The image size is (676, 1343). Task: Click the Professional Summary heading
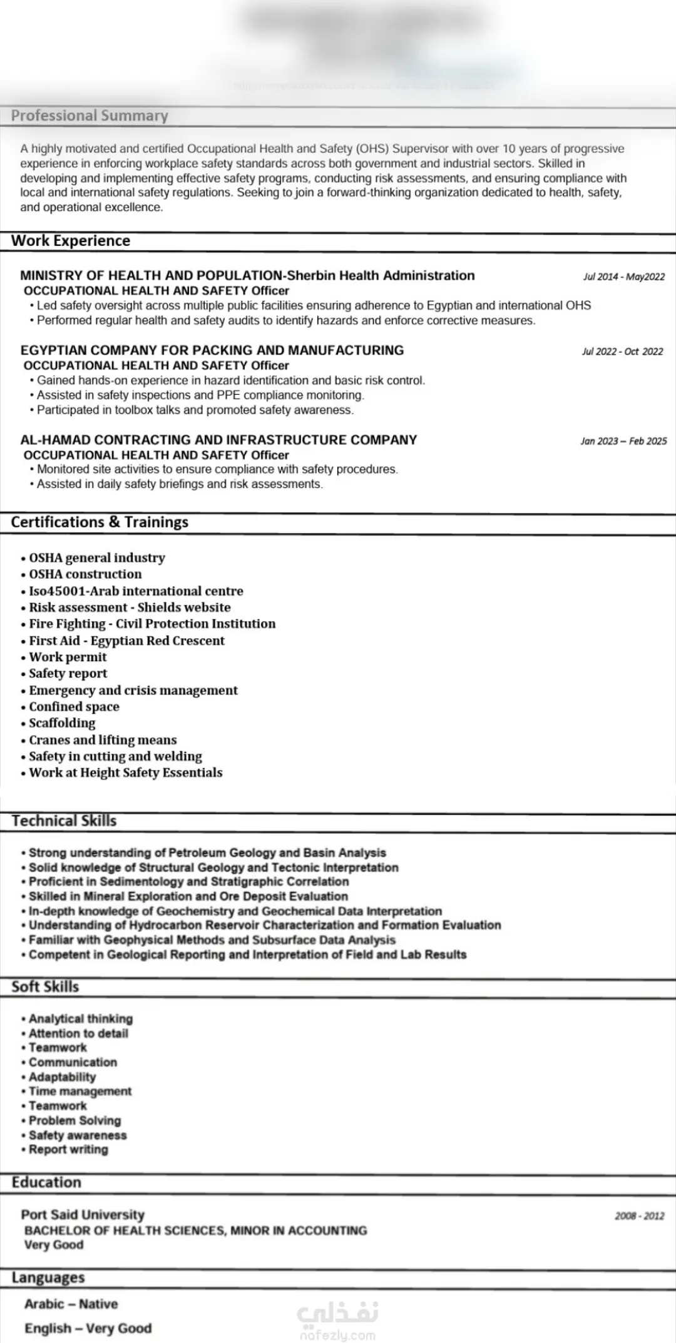90,116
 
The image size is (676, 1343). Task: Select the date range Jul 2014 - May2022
623,276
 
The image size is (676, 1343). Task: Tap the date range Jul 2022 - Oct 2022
622,352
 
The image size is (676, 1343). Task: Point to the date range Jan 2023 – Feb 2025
623,441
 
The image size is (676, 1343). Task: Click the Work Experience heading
71,241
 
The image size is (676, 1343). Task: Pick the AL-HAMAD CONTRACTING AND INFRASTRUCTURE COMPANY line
218,440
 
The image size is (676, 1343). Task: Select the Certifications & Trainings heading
100,522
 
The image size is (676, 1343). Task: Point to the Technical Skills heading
64,821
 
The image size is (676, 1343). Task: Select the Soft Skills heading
45,986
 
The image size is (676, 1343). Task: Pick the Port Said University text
83,1214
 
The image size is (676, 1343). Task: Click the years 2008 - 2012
639,1216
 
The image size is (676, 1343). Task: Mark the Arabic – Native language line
71,1304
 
